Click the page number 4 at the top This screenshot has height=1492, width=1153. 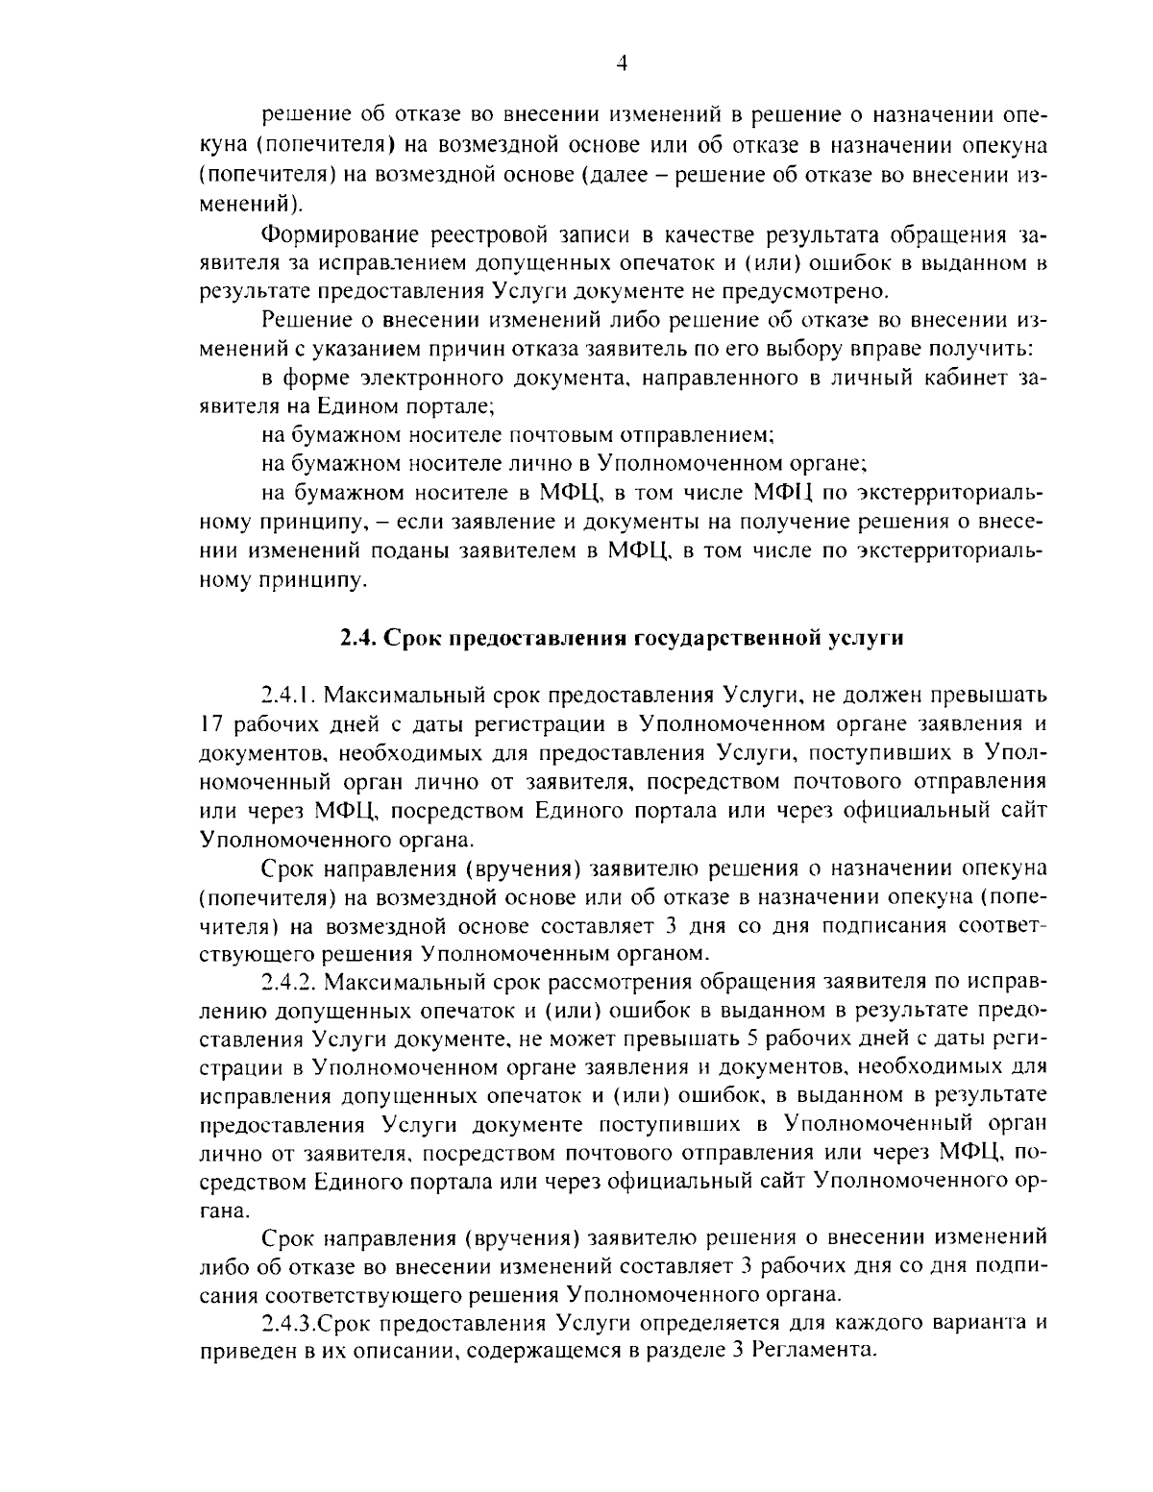[x=621, y=63]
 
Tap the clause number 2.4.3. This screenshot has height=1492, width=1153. [x=289, y=1323]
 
